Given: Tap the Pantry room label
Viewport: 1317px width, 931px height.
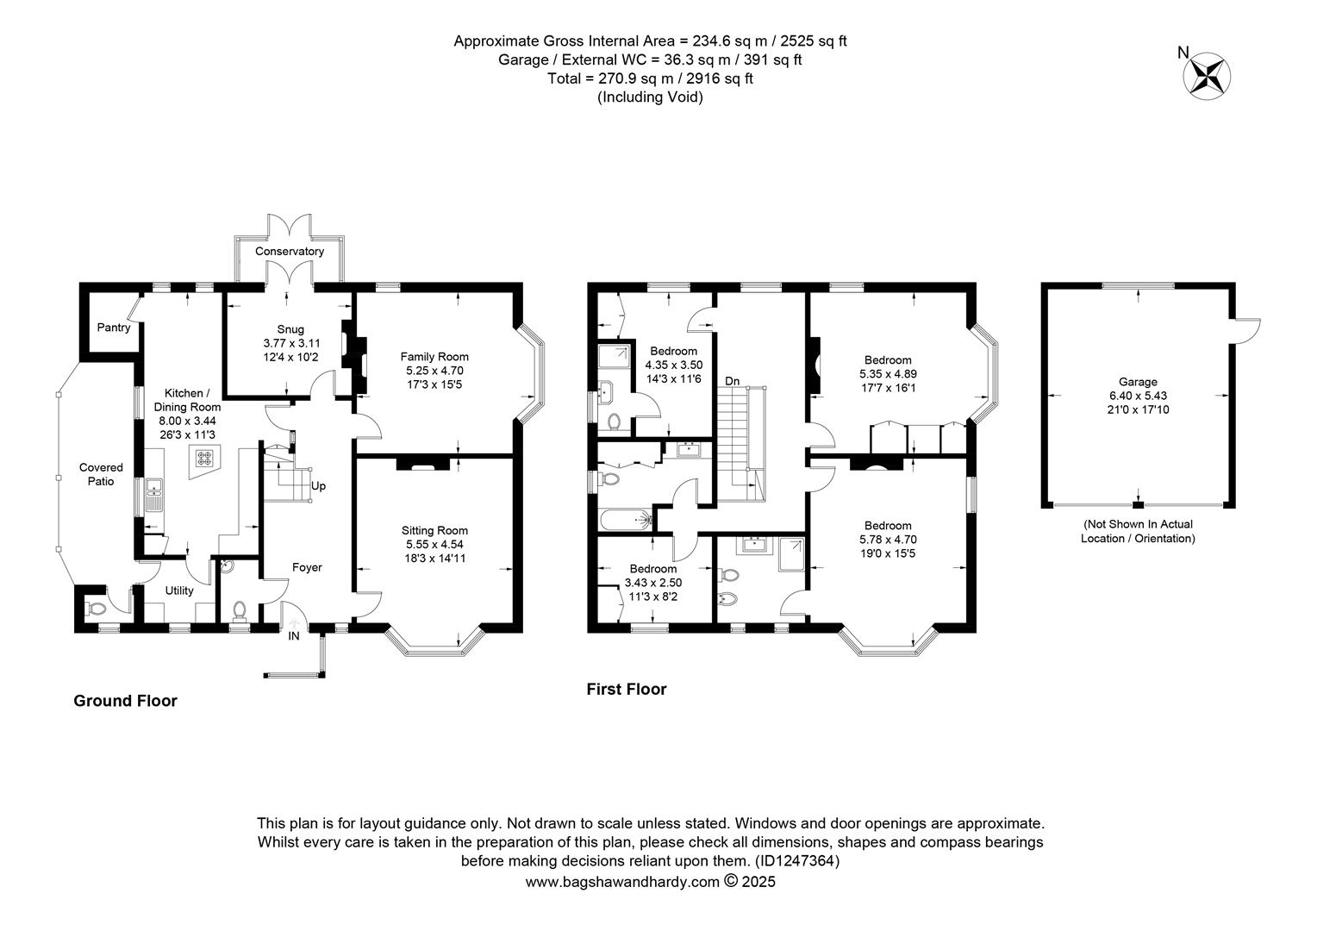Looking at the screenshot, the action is [114, 328].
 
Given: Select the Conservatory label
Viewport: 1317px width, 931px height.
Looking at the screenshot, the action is [290, 252].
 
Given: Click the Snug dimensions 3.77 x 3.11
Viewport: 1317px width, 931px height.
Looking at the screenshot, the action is [291, 343].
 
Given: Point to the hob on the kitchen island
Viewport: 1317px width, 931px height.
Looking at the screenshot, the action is [204, 458].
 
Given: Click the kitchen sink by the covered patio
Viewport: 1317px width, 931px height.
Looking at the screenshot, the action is [154, 495].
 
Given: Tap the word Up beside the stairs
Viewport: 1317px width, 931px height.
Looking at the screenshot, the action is [318, 486].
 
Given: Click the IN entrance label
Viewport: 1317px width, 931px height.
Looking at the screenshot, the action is [293, 636].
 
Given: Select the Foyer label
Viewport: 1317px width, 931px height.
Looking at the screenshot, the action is [307, 567].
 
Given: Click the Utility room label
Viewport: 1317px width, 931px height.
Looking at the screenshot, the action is [179, 590].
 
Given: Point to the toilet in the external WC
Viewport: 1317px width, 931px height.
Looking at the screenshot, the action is [95, 608].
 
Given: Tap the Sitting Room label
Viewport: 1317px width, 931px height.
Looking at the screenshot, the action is [434, 531].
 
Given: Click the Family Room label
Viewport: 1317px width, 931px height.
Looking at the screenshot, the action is [434, 357].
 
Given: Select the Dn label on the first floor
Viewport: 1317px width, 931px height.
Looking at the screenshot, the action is [732, 382].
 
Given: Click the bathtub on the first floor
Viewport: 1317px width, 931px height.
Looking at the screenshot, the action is [627, 520].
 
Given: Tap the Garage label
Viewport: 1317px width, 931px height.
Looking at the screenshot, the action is [1138, 382].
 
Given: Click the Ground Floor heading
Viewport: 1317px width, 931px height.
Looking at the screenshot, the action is [125, 701].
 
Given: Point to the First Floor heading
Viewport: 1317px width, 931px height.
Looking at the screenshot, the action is [627, 690].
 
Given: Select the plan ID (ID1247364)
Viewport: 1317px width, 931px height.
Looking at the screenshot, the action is [796, 861].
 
